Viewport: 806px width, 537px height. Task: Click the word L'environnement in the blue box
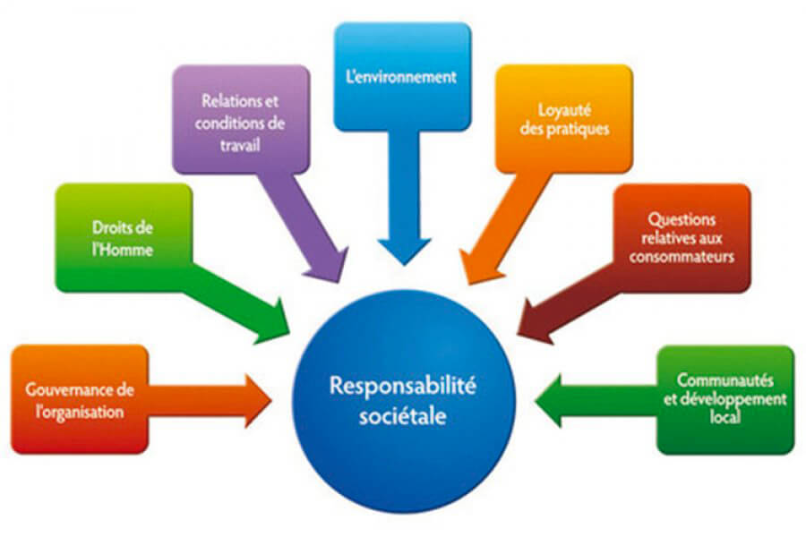pos(401,77)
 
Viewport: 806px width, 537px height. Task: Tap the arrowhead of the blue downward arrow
pos(404,251)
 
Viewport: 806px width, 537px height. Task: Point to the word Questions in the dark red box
pos(682,220)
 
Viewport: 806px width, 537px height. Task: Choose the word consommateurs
pos(682,256)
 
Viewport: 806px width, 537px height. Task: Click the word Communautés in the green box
pos(725,380)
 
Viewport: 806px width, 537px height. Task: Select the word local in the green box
pos(725,416)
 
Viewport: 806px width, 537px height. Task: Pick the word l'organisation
pos(80,412)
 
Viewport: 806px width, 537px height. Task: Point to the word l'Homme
pos(123,250)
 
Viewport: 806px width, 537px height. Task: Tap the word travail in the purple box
pos(240,145)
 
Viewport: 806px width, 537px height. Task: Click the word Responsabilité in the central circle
pos(403,387)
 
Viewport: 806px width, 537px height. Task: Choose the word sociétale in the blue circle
pos(402,415)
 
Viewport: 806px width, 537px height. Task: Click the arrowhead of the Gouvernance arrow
pos(258,401)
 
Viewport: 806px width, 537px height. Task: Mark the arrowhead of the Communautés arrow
pos(548,401)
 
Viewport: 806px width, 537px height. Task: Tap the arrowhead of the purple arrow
pos(329,265)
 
